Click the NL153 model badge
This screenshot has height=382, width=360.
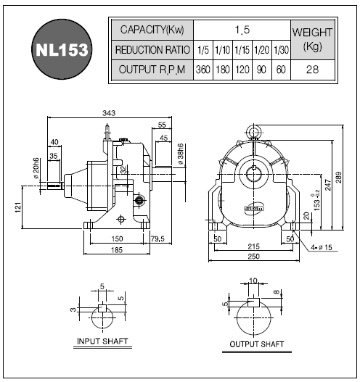(62, 49)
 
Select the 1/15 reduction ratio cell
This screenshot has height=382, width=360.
(242, 50)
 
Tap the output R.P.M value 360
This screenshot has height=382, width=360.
(203, 70)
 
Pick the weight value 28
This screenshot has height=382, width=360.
(312, 70)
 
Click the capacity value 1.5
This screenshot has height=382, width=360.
(242, 30)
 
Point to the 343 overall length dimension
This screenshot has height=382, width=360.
(109, 113)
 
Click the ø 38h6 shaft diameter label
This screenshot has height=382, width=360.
(181, 154)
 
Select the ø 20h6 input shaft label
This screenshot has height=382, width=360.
(36, 168)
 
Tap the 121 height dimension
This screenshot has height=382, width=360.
(18, 207)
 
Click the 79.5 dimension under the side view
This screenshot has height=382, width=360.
(157, 238)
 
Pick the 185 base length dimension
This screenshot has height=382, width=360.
(117, 250)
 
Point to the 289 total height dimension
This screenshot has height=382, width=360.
(339, 178)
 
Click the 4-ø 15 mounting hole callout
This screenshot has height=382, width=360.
(322, 247)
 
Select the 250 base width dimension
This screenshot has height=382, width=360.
(253, 257)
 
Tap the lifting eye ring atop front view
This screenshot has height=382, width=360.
(253, 131)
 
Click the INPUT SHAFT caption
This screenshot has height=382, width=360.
(102, 341)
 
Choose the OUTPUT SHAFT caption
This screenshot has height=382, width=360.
(257, 344)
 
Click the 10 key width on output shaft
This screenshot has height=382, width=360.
(253, 281)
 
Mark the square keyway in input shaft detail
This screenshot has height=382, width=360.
(102, 308)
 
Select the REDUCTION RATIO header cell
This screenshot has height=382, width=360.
(152, 50)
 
